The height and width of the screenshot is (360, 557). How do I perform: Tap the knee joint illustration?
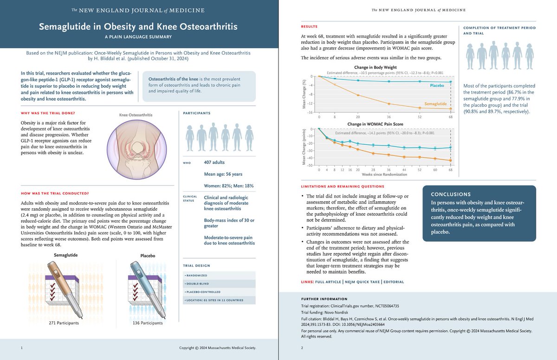[x=133, y=148]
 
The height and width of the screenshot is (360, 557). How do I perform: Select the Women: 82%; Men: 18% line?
[x=229, y=186]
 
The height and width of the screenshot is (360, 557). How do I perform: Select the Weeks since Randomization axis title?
[x=379, y=174]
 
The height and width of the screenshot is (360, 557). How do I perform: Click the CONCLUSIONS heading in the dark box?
[x=451, y=194]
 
